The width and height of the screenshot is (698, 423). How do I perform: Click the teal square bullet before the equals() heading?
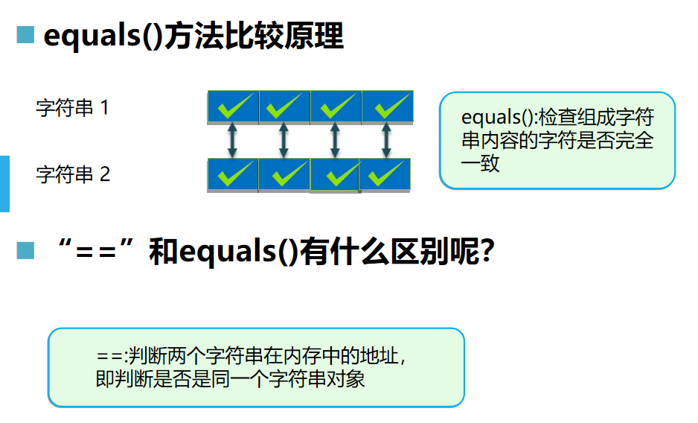coord(26,35)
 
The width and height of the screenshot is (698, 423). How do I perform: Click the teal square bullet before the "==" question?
coord(26,251)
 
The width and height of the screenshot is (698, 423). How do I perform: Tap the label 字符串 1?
coord(73,108)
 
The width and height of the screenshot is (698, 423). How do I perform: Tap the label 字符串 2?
coord(73,174)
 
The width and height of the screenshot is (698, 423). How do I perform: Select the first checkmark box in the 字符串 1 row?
coord(233,107)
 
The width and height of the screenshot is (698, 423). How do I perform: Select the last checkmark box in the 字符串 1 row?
coord(387,107)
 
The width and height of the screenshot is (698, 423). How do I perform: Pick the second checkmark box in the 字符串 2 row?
coord(284,175)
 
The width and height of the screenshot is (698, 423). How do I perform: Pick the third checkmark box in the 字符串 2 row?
coord(335,175)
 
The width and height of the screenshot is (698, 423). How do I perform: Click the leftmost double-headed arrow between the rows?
coord(232,141)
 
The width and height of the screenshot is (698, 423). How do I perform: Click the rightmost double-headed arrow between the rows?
coord(385,141)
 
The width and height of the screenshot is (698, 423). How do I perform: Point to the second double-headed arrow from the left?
coord(284,141)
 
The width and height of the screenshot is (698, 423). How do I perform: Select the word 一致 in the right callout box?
coord(481,164)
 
